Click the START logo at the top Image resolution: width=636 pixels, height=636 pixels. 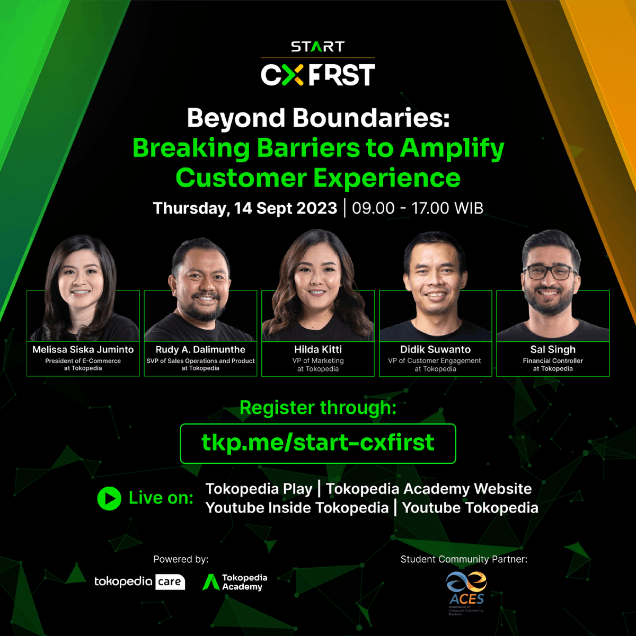coord(317,47)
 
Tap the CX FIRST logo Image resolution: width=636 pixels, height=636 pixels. coord(317,75)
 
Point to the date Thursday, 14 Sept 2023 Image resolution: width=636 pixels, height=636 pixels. coord(245,208)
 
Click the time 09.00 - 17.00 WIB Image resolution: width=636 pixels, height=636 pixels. coord(418,208)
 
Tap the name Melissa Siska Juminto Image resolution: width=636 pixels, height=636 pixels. coord(83,349)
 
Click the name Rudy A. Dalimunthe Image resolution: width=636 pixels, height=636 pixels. coord(200,349)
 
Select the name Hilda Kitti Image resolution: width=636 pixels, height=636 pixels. coord(318,349)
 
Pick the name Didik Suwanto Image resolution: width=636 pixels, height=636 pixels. coord(435,349)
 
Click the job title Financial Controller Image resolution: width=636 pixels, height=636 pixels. coord(553,360)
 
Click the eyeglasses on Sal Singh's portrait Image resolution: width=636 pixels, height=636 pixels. coord(550,273)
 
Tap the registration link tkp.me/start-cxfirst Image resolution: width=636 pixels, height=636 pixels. coord(318,443)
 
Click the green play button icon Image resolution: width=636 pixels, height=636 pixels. coord(109,498)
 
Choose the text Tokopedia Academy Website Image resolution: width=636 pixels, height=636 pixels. coord(429,489)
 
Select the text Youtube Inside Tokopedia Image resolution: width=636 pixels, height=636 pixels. coord(297,508)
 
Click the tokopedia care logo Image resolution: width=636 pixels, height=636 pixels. coord(139,581)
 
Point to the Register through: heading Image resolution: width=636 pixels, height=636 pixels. coord(318,408)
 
